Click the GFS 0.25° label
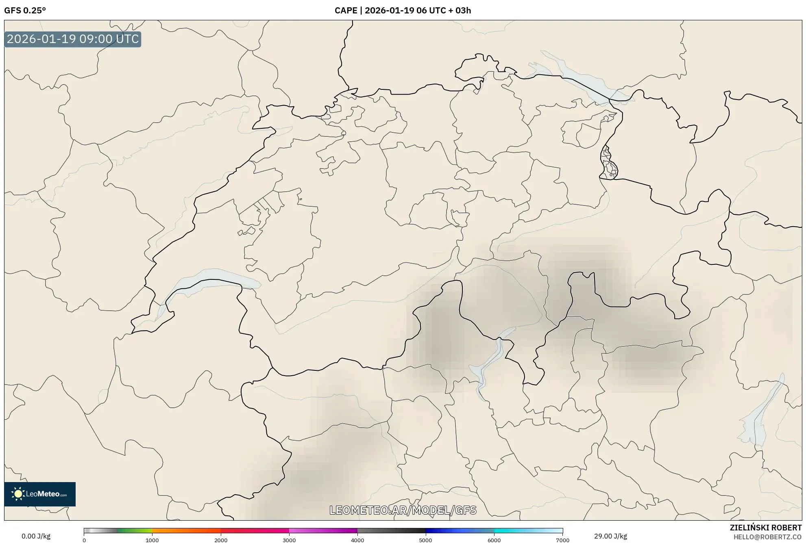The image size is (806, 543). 25,11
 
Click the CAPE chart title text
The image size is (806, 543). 403,11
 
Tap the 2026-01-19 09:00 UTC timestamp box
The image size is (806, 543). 73,39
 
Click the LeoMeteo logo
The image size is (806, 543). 40,494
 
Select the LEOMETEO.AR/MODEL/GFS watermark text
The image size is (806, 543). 403,510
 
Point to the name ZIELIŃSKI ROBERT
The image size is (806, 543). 765,528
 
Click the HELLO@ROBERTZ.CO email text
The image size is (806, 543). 767,537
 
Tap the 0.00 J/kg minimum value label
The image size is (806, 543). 36,536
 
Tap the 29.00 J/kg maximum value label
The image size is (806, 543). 610,536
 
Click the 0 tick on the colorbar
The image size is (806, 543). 84,540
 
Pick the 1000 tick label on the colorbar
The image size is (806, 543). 152,540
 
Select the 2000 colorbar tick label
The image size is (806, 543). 221,540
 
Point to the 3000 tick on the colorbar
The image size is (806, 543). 289,540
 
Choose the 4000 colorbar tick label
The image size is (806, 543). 357,540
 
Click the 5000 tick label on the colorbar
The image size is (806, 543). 425,540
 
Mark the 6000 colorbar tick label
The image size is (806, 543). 494,540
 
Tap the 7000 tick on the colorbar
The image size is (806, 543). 562,540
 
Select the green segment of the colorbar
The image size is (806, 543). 134,530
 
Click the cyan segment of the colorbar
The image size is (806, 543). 525,530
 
